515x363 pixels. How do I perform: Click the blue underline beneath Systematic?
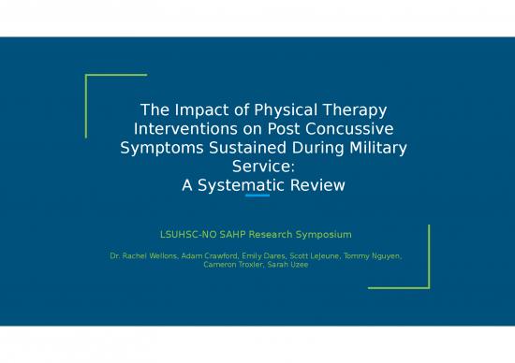coord(257,196)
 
